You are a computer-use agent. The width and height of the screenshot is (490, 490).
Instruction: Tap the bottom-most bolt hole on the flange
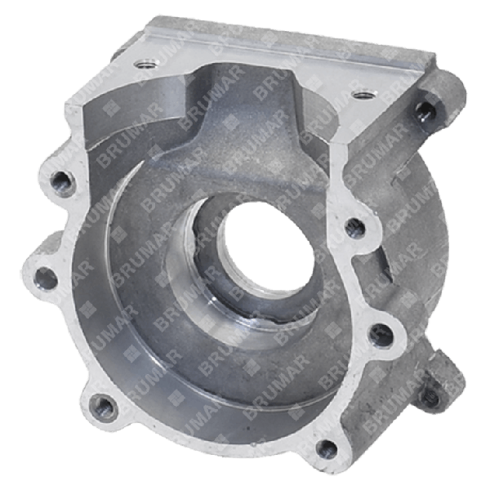coord(326,447)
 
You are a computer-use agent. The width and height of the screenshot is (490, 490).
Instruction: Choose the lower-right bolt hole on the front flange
coord(377,332)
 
